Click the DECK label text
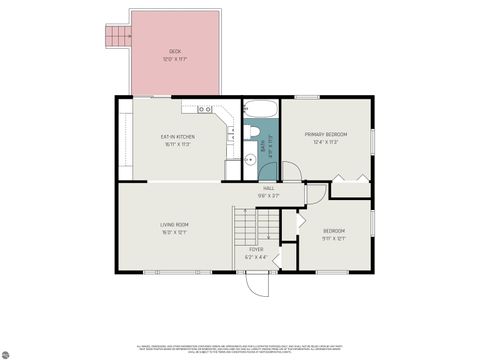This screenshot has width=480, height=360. coord(175,52)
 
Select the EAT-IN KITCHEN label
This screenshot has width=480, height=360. coord(178,136)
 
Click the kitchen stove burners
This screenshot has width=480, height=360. coord(203,107)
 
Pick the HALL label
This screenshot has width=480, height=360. coord(269,188)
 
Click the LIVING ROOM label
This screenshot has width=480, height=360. coord(175,225)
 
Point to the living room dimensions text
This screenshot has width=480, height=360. coord(175,232)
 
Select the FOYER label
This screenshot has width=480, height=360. coord(255,249)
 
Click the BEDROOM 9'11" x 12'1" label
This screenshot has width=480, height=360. coord(333,234)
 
